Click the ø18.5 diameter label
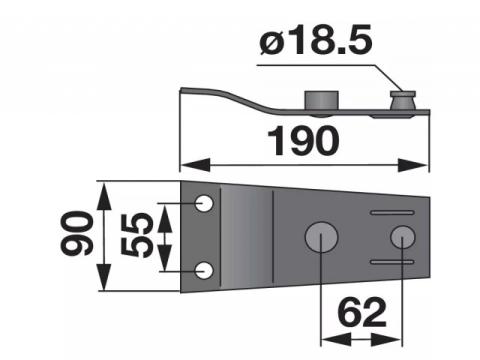[315, 40]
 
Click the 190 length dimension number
[303, 141]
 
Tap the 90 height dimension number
[77, 233]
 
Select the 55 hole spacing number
[137, 235]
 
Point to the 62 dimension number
[362, 313]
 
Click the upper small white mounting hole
[204, 203]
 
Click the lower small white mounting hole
[204, 270]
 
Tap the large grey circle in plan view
[321, 236]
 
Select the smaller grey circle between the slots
[403, 236]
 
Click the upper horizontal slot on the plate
[392, 212]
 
